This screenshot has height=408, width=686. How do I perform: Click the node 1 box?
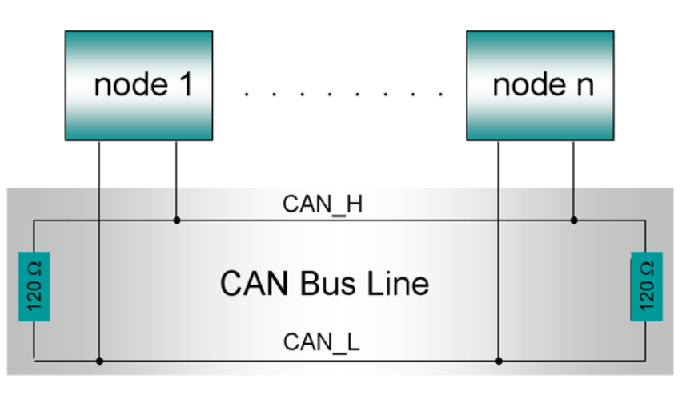click(x=138, y=85)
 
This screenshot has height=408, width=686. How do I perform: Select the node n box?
click(x=540, y=85)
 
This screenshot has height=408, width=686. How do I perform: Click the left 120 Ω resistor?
click(x=34, y=286)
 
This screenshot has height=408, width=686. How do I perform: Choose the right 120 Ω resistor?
click(x=646, y=286)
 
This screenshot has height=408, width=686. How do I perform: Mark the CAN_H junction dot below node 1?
click(x=176, y=219)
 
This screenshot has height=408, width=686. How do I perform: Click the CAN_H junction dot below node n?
click(x=573, y=219)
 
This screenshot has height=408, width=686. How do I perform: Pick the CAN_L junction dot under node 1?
click(x=99, y=361)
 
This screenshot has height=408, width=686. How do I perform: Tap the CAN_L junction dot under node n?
click(x=498, y=361)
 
